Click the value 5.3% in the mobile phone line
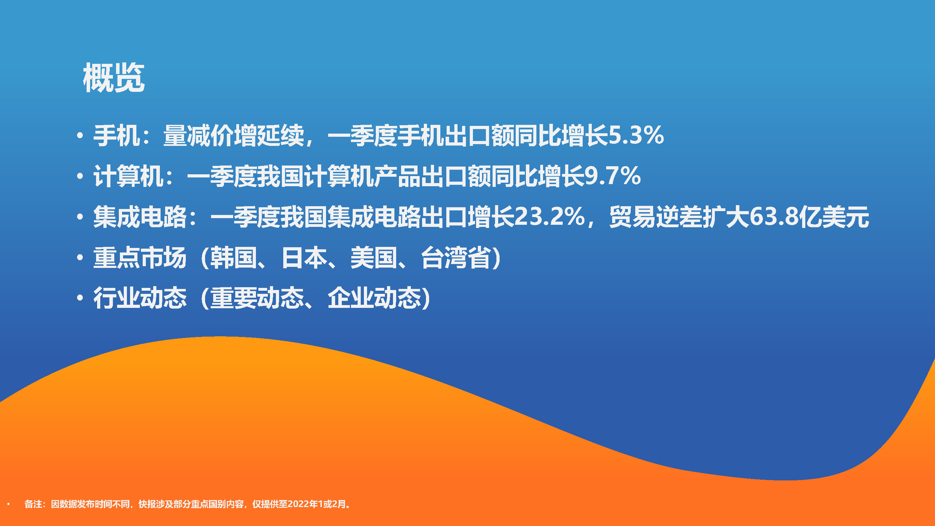pyautogui.click(x=636, y=135)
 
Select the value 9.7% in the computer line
pyautogui.click(x=613, y=176)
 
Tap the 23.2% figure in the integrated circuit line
pyautogui.click(x=550, y=217)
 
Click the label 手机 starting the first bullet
pyautogui.click(x=116, y=135)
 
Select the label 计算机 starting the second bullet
pyautogui.click(x=128, y=176)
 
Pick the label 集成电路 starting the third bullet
pyautogui.click(x=140, y=217)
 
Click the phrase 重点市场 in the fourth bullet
pyautogui.click(x=140, y=257)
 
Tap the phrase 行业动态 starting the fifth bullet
pyautogui.click(x=140, y=298)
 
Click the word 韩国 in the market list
pyautogui.click(x=233, y=257)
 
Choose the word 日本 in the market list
pyautogui.click(x=304, y=257)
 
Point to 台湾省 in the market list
pyautogui.click(x=456, y=257)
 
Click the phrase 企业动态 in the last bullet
pyautogui.click(x=374, y=298)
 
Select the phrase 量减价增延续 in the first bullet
pyautogui.click(x=233, y=135)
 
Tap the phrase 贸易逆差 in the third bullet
pyautogui.click(x=656, y=217)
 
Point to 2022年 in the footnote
pyautogui.click(x=302, y=504)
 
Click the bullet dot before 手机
pyautogui.click(x=80, y=136)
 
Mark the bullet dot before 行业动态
pyautogui.click(x=80, y=298)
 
